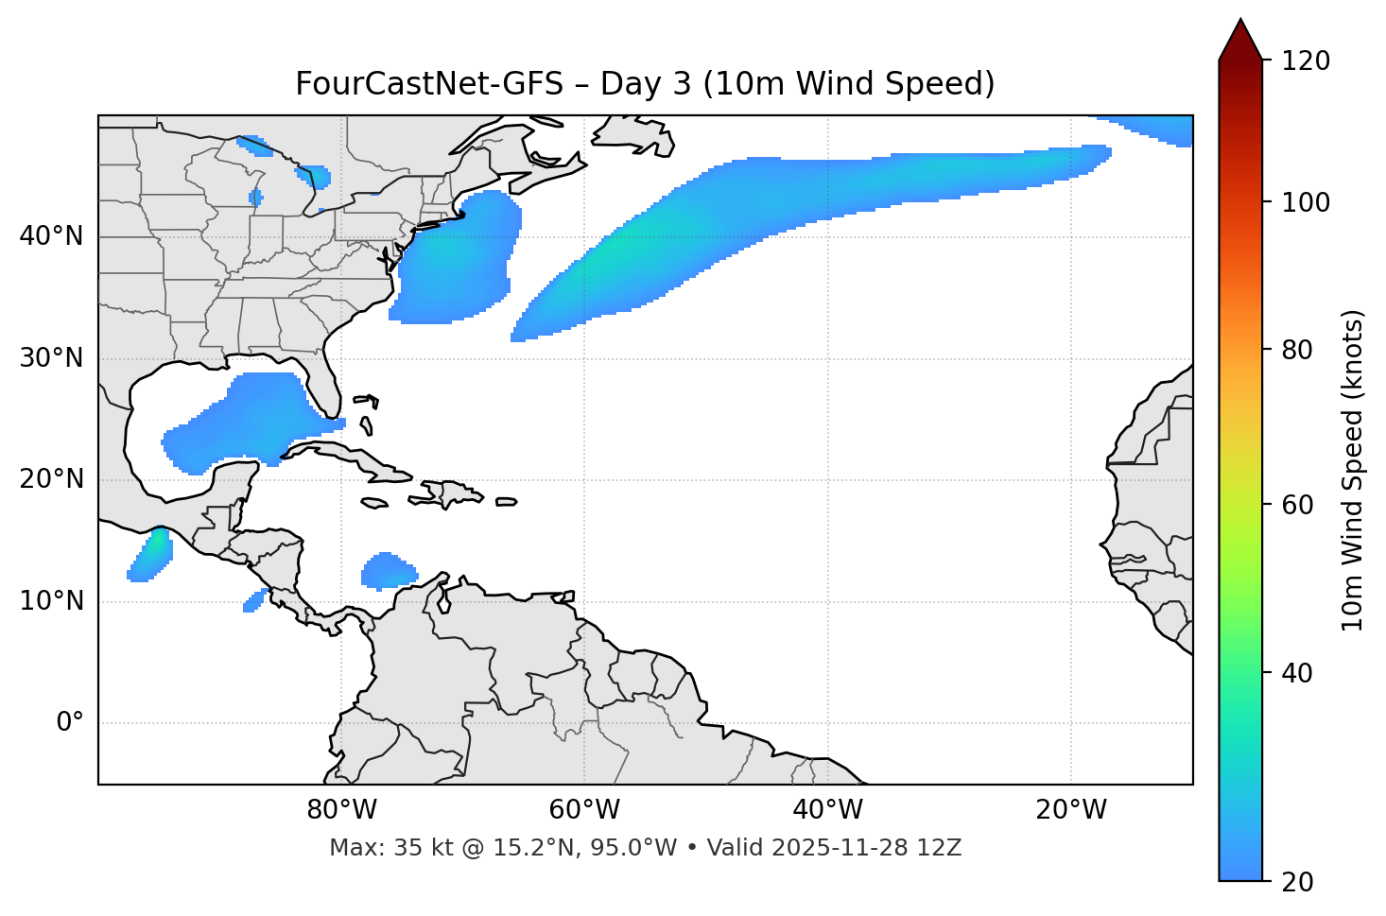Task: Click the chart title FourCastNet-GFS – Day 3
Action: pyautogui.click(x=645, y=84)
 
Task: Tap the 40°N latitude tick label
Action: pyautogui.click(x=51, y=236)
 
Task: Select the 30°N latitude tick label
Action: pyautogui.click(x=51, y=358)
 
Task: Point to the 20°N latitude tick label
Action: pyautogui.click(x=51, y=479)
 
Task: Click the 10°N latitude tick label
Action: pyautogui.click(x=51, y=601)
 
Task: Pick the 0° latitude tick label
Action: pyautogui.click(x=70, y=723)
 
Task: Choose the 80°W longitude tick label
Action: pyautogui.click(x=341, y=810)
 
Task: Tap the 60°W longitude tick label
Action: pyautogui.click(x=584, y=810)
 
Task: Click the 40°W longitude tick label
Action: pyautogui.click(x=827, y=810)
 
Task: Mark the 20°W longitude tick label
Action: pyautogui.click(x=1070, y=810)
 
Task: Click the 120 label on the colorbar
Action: pyautogui.click(x=1306, y=60)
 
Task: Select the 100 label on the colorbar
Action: pyautogui.click(x=1306, y=202)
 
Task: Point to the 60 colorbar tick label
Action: pyautogui.click(x=1298, y=505)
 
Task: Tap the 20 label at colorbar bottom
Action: pyautogui.click(x=1298, y=881)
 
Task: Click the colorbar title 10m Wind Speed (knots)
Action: pyautogui.click(x=1353, y=470)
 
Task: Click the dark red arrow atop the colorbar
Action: pyautogui.click(x=1240, y=40)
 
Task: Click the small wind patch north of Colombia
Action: pyautogui.click(x=388, y=570)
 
